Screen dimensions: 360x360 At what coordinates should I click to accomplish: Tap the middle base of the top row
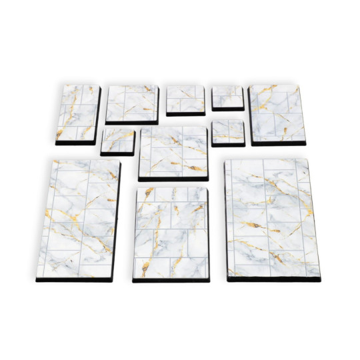pos(185,98)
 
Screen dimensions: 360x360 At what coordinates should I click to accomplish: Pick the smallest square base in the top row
pos(228,96)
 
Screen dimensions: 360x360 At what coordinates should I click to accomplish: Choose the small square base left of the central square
pos(117,140)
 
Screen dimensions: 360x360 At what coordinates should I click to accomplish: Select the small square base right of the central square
pos(228,131)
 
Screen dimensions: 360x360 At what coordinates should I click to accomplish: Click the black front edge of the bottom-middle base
pos(171,279)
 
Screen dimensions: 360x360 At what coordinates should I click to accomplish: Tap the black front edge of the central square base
pos(173,177)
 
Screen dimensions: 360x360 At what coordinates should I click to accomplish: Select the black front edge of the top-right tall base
pos(278,144)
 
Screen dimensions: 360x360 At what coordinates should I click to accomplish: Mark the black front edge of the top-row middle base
pos(185,114)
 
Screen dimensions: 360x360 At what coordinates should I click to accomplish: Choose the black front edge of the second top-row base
pos(131,122)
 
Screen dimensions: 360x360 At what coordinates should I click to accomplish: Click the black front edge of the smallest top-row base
pos(228,109)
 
